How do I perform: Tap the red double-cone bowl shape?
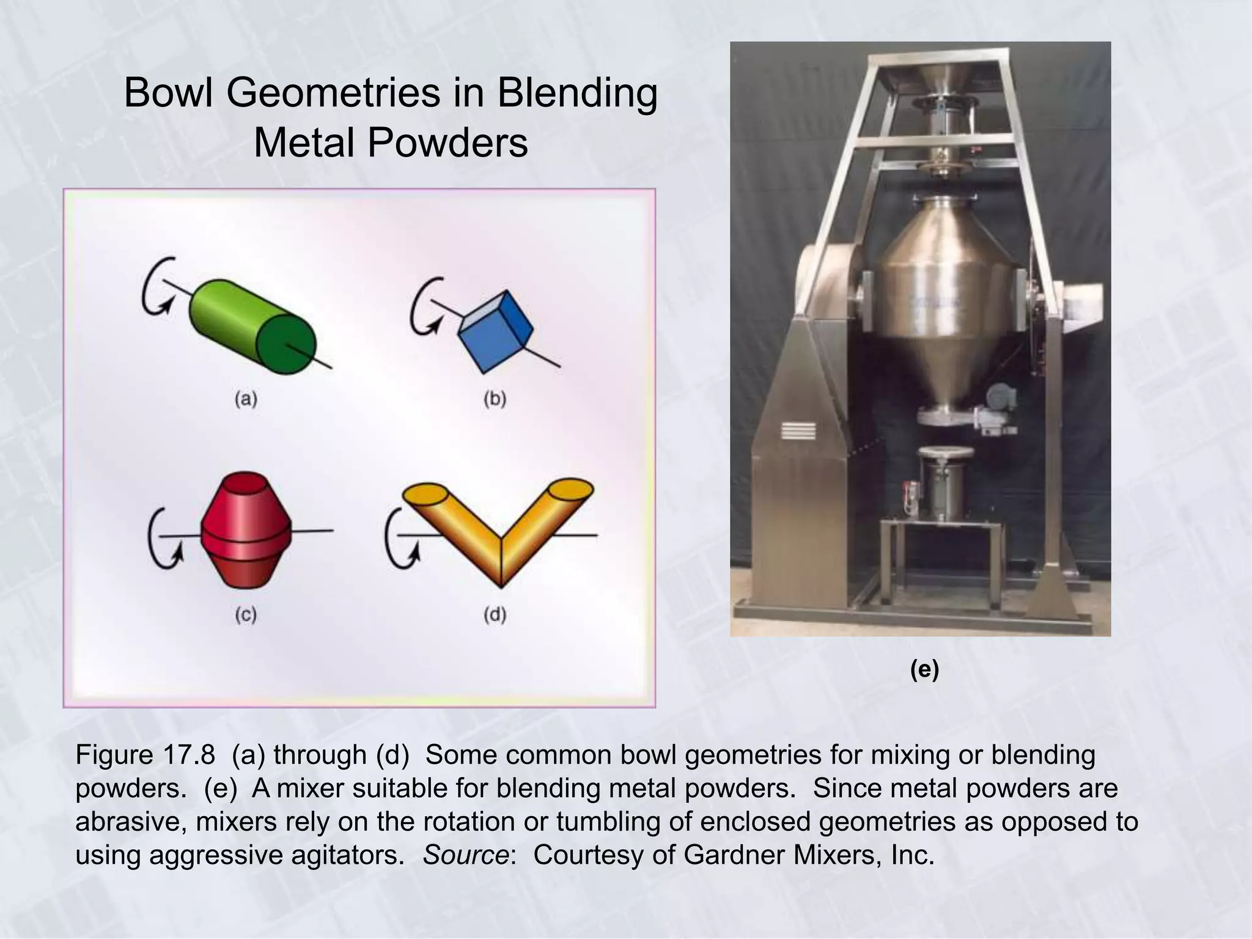tap(246, 529)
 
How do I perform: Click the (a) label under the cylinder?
tap(246, 399)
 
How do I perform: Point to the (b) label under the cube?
tap(495, 399)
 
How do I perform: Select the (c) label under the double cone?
tap(246, 614)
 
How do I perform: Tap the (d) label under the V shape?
tap(495, 614)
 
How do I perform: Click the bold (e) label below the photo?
tap(924, 670)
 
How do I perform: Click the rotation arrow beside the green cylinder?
tap(156, 287)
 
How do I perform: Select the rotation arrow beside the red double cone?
tap(164, 539)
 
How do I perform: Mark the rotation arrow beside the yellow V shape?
tap(400, 539)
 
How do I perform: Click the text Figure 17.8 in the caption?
tap(145, 755)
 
